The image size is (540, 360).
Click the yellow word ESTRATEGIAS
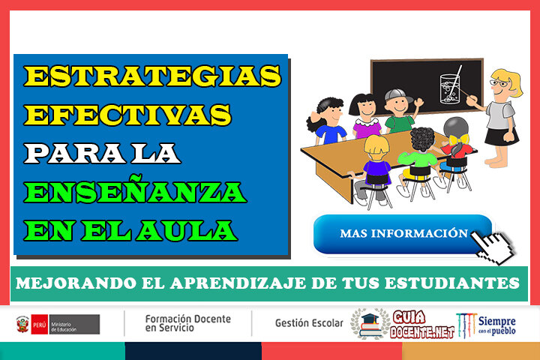[153, 76]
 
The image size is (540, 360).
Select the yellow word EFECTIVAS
[127, 115]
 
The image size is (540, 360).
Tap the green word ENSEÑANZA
[136, 193]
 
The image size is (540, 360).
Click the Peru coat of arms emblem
[22, 324]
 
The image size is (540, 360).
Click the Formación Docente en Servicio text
[187, 323]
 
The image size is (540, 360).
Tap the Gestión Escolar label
[309, 323]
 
